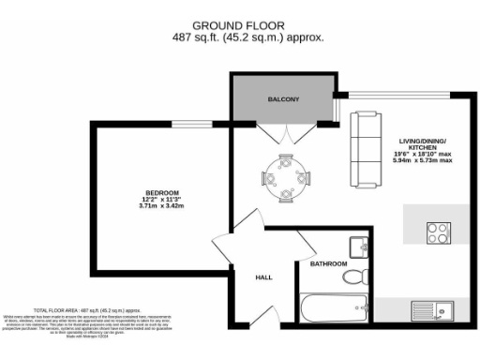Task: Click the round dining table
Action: point(282,175)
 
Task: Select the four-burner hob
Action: point(438,230)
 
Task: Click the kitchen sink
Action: point(437,309)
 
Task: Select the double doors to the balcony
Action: point(282,133)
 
